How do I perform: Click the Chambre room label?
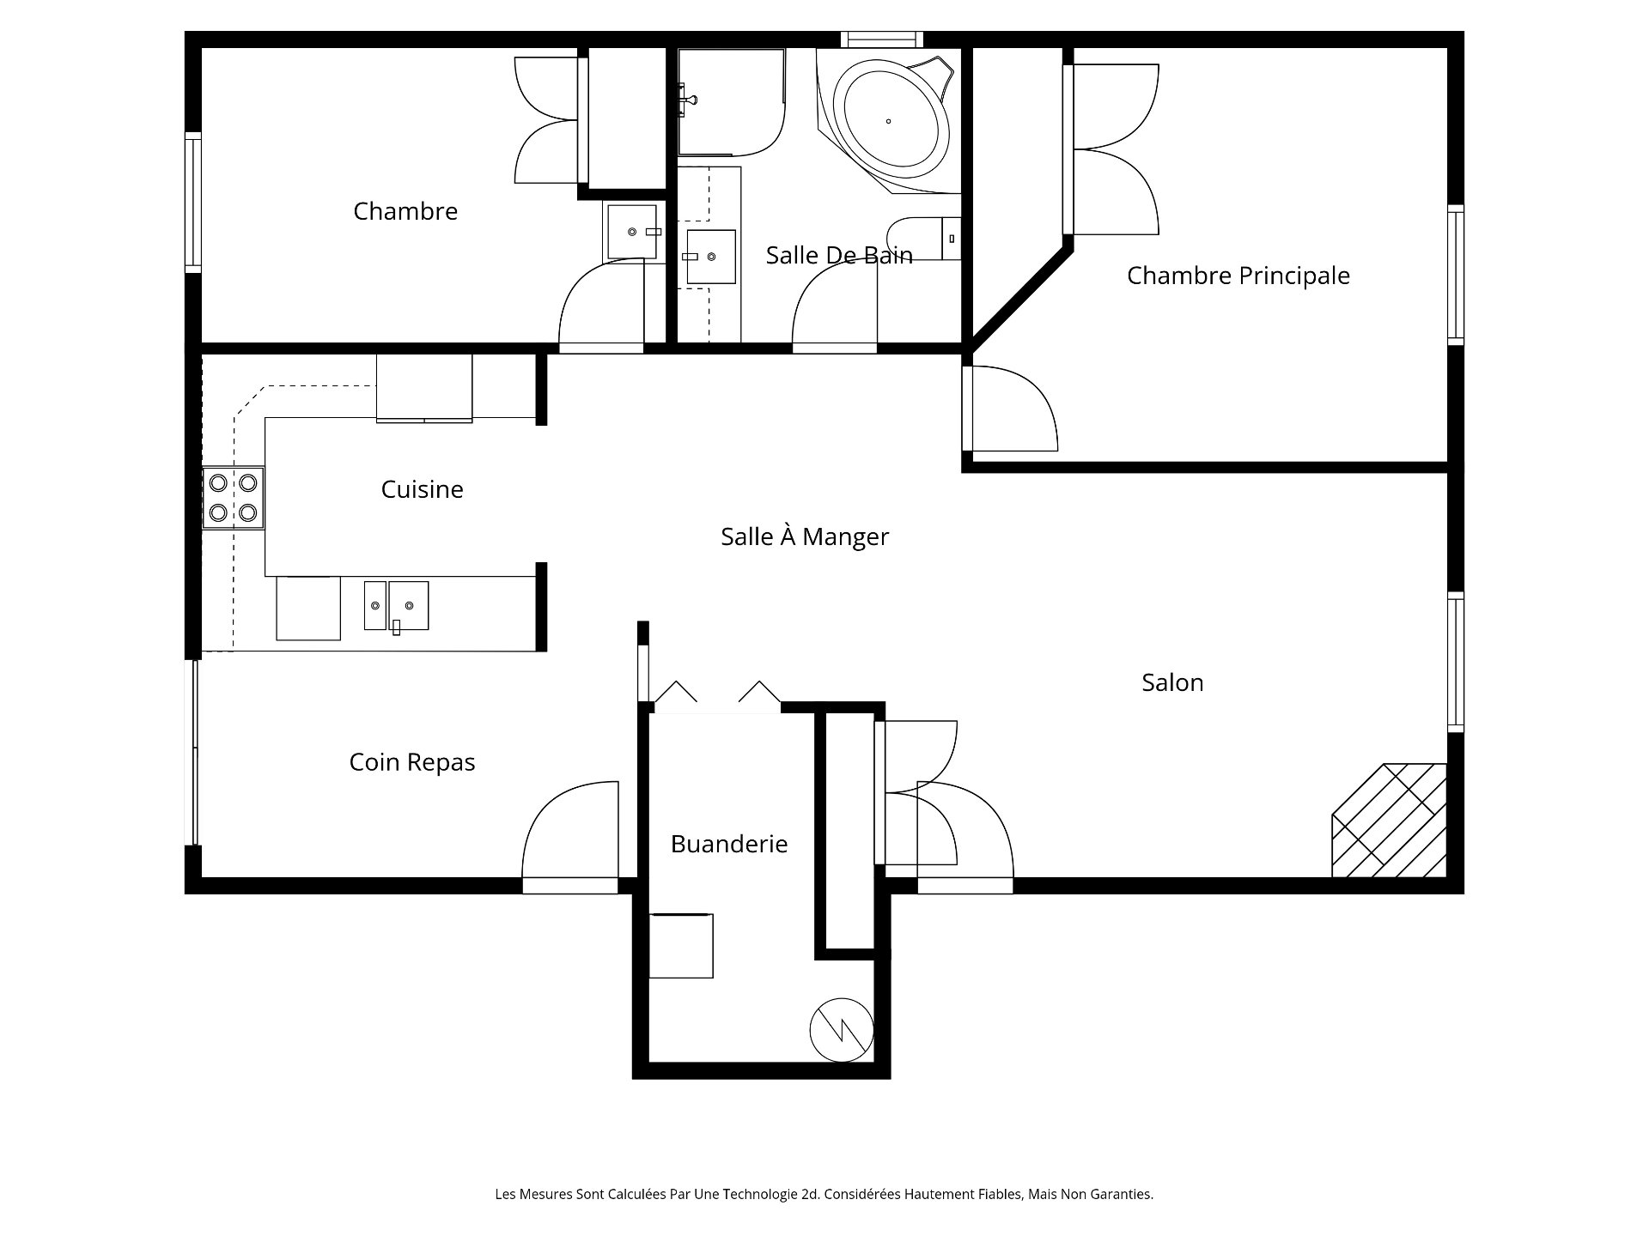click(x=405, y=211)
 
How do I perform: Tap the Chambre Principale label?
click(x=1238, y=276)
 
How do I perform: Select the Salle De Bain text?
click(x=839, y=255)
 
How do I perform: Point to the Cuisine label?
click(x=422, y=489)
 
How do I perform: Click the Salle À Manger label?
click(x=805, y=536)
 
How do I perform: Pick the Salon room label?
click(x=1172, y=682)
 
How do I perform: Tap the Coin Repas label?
click(x=412, y=762)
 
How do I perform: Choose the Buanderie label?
click(x=729, y=844)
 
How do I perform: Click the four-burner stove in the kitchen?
click(x=234, y=498)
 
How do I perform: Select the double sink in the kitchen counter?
click(x=396, y=606)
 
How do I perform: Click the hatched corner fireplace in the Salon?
click(x=1390, y=820)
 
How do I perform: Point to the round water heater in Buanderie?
click(x=842, y=1030)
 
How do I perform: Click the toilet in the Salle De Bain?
click(x=924, y=239)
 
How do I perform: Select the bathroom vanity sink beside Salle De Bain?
click(x=710, y=257)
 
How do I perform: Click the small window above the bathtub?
click(x=882, y=39)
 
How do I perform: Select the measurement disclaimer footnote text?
click(x=824, y=1194)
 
